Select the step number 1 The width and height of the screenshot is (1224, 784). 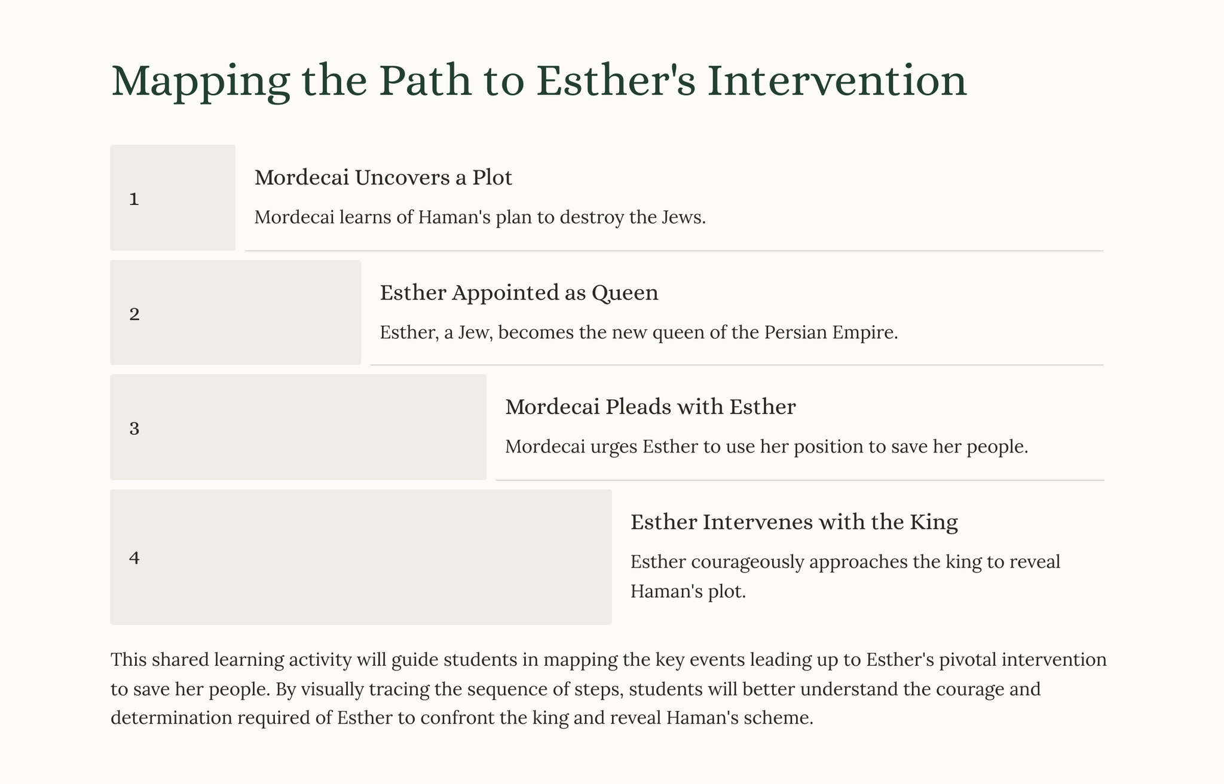point(134,199)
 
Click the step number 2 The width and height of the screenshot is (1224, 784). point(134,314)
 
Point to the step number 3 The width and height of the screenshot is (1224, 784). point(134,429)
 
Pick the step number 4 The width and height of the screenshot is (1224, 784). point(134,558)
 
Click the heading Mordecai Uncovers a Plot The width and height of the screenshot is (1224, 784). point(383,177)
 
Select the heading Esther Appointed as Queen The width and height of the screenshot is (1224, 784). point(519,293)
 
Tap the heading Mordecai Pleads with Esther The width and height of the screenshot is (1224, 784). point(650,407)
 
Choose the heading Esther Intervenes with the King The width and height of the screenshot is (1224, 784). point(794,522)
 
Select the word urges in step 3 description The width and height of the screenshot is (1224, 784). point(614,448)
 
